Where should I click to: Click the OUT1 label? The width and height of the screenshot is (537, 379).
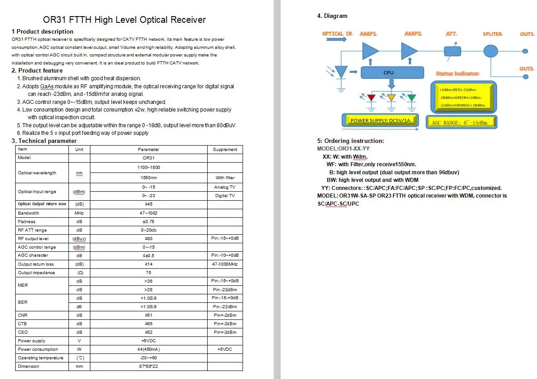(527, 34)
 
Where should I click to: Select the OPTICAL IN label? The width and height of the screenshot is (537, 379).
(337, 34)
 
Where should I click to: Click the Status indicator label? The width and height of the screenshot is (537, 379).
(457, 73)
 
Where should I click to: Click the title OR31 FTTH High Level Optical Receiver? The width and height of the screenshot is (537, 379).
(124, 20)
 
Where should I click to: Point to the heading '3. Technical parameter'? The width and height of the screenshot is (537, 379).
(44, 141)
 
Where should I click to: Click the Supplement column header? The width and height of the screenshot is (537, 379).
(225, 149)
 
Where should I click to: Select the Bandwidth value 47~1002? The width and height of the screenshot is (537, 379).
(149, 213)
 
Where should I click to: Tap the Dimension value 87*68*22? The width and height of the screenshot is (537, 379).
(149, 366)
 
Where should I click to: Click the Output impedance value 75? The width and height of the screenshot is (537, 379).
(149, 273)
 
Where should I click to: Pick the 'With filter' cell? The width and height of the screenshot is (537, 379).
(225, 178)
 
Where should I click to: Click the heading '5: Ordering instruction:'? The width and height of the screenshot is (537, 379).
(350, 141)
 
